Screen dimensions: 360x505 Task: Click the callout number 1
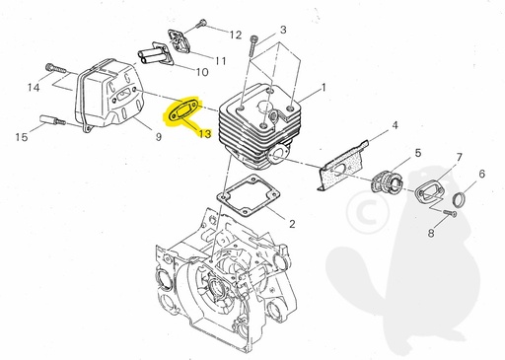[323, 88]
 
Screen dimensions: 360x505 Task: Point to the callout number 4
[394, 127]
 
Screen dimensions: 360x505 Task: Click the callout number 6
[481, 175]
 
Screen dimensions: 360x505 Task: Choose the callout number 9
[158, 137]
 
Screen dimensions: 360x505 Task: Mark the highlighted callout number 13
[205, 133]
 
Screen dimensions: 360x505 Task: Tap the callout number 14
[34, 88]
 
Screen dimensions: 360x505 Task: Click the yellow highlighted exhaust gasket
[182, 109]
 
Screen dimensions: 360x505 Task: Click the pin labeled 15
[55, 123]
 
